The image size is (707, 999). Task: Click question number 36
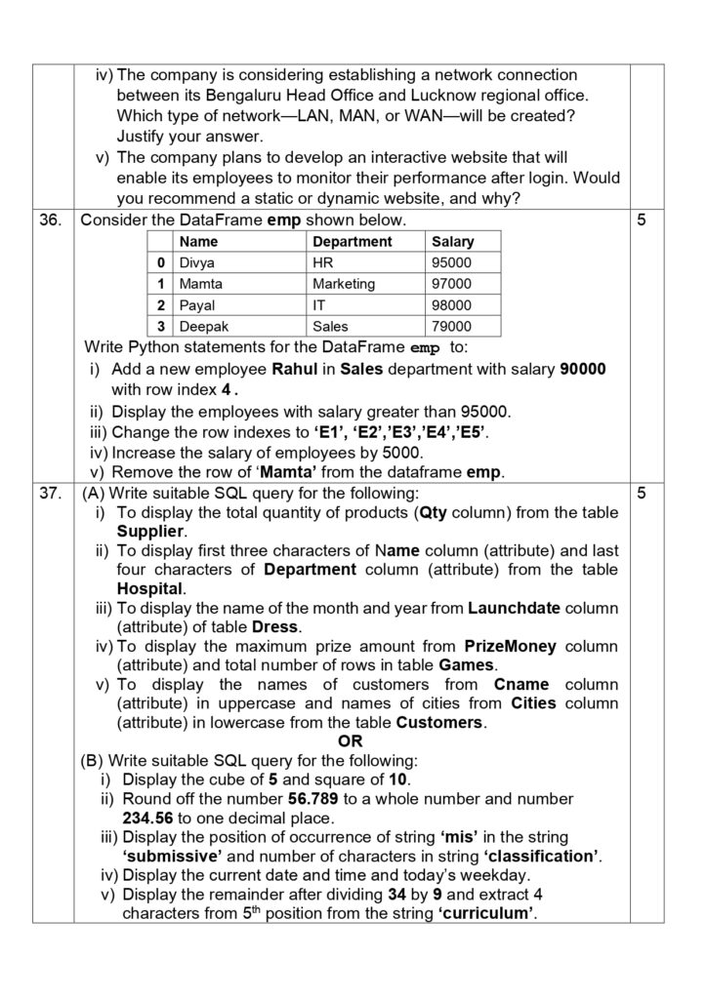51,220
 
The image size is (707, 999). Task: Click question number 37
51,494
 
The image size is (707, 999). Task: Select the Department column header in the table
352,241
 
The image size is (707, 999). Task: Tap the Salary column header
452,241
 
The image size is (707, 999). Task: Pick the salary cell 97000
450,284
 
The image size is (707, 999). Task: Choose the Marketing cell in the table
344,284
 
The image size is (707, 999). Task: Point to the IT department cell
319,305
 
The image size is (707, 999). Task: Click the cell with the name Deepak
204,327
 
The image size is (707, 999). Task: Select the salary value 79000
450,327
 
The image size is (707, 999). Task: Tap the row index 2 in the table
159,305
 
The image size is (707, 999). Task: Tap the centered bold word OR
350,741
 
